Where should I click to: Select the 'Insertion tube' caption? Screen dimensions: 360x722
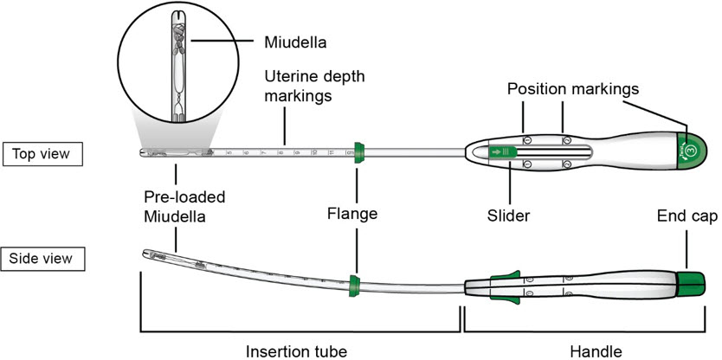point(300,350)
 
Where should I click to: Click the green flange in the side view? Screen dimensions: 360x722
point(353,283)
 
